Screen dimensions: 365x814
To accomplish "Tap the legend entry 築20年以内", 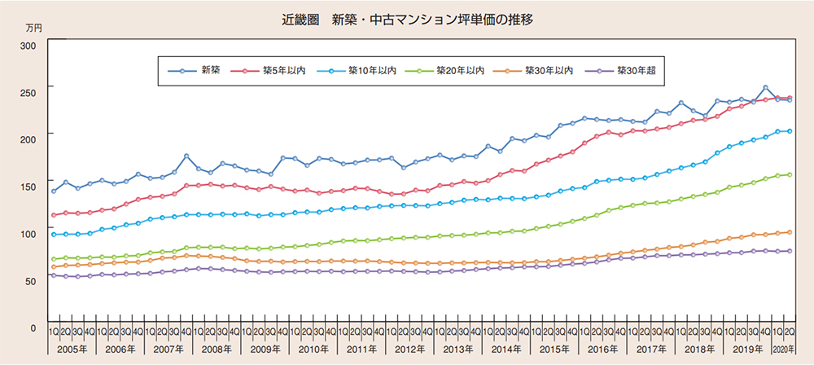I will coord(462,71).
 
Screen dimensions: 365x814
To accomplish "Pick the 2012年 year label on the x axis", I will coord(409,349).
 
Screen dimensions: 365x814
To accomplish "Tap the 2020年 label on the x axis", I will coord(783,349).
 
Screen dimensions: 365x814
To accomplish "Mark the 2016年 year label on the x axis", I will coord(601,349).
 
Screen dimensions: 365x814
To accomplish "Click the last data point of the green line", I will coord(789,174).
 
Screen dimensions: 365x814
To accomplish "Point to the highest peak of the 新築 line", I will coord(765,87).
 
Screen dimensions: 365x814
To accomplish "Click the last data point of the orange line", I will coord(789,232).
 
